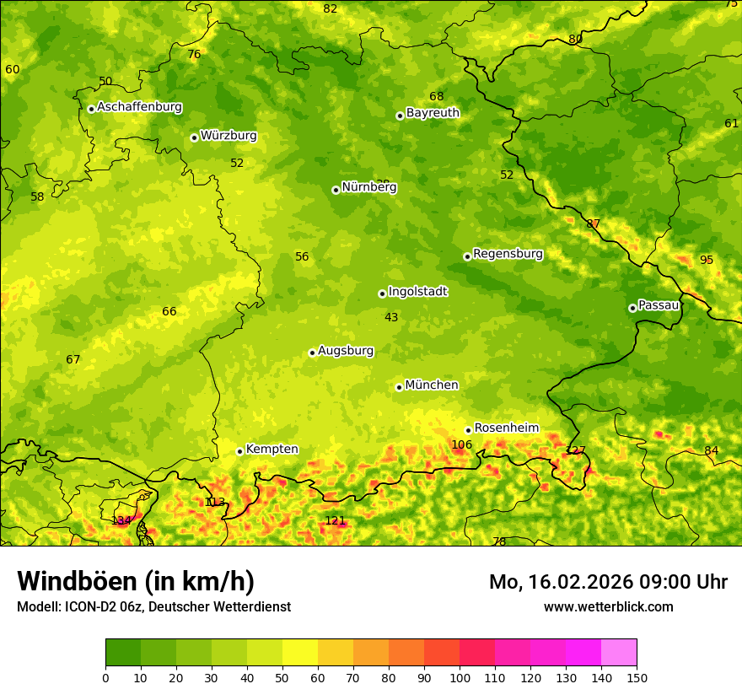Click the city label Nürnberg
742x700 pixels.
point(368,187)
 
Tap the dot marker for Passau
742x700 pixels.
point(632,308)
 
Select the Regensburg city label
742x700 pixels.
point(508,254)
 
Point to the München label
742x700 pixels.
point(432,385)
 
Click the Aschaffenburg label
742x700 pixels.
point(139,107)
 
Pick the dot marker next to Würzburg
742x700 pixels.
point(194,137)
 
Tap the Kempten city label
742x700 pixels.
point(272,450)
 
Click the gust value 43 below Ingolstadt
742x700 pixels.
point(391,318)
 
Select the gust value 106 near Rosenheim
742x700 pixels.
point(462,445)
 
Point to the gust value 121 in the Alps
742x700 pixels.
point(335,521)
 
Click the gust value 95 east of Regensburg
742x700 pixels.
point(707,260)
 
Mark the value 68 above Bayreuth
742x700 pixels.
point(436,97)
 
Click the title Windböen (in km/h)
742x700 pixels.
point(136,581)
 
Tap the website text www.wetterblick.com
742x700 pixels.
point(608,607)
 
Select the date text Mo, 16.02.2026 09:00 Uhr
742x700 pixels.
point(608,582)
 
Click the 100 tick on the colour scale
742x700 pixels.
point(460,677)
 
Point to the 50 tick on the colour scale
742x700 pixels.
point(282,677)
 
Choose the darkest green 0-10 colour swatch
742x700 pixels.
point(123,653)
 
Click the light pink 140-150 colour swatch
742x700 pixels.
point(619,653)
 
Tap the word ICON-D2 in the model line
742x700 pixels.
point(85,607)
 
